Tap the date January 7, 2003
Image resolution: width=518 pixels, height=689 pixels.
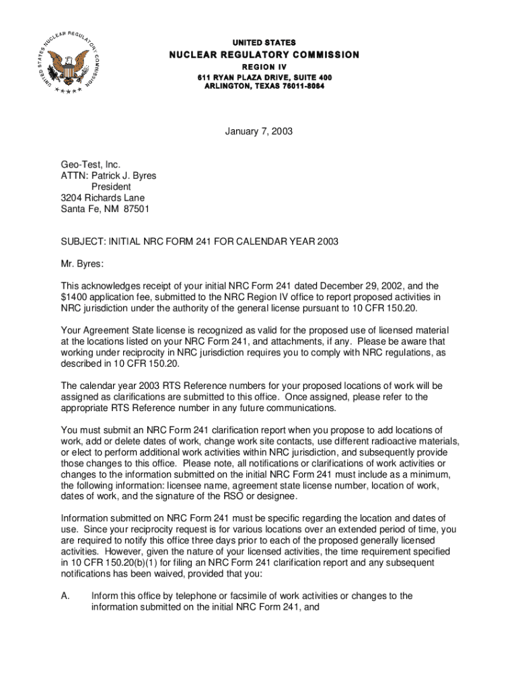tap(259, 133)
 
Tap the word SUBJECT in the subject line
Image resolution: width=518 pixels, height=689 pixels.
tap(83, 242)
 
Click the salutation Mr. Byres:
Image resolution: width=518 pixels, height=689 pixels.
tap(83, 264)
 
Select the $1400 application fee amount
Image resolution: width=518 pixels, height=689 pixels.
tap(73, 297)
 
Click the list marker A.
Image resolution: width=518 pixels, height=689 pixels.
tap(65, 595)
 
